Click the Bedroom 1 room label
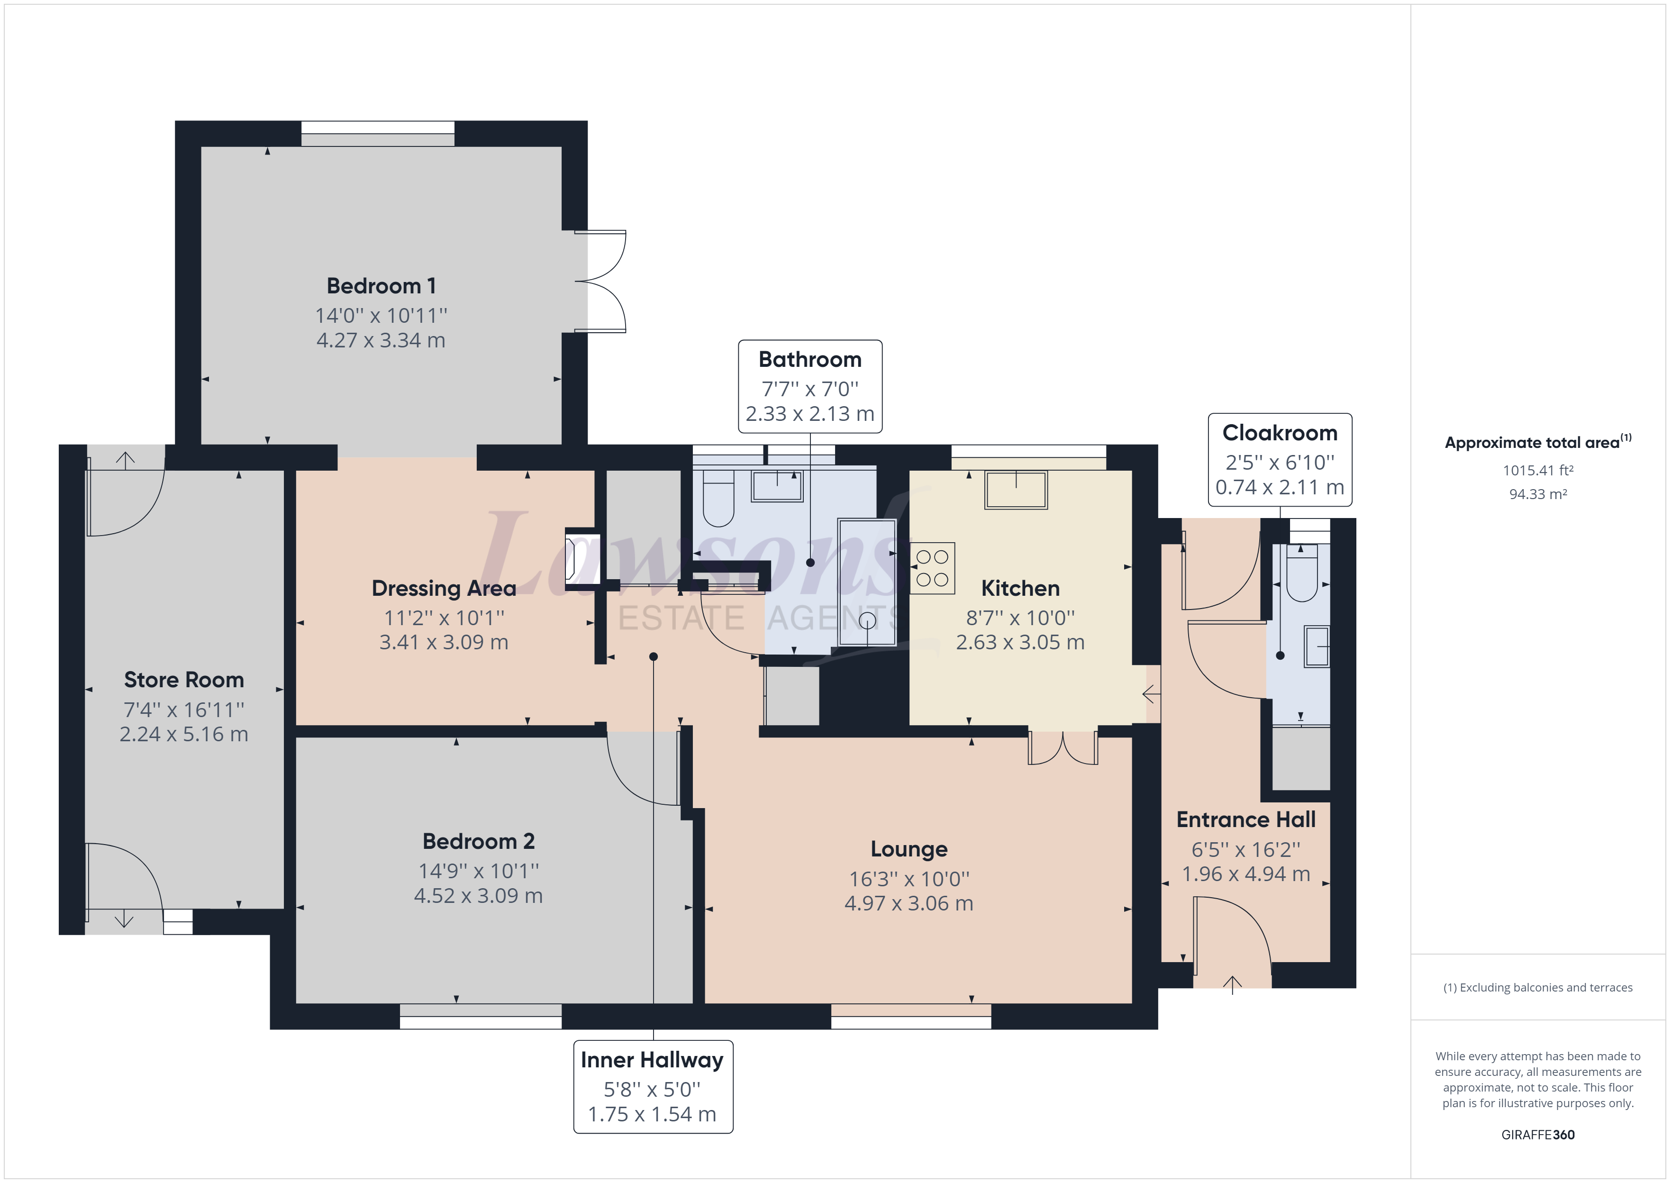pyautogui.click(x=381, y=285)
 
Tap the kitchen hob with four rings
pyautogui.click(x=932, y=568)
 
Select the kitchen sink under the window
pyautogui.click(x=1016, y=490)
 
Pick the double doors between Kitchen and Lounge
pyautogui.click(x=1063, y=748)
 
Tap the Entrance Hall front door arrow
pyautogui.click(x=1232, y=985)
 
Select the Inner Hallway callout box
pyautogui.click(x=653, y=1086)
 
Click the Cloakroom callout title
pyautogui.click(x=1280, y=433)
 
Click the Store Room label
pyautogui.click(x=183, y=680)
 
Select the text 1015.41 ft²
pyautogui.click(x=1538, y=471)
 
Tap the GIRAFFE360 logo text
pyautogui.click(x=1538, y=1134)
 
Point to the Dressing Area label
pyautogui.click(x=444, y=588)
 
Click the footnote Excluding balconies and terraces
pyautogui.click(x=1538, y=988)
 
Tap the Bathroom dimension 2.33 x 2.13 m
pyautogui.click(x=810, y=414)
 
